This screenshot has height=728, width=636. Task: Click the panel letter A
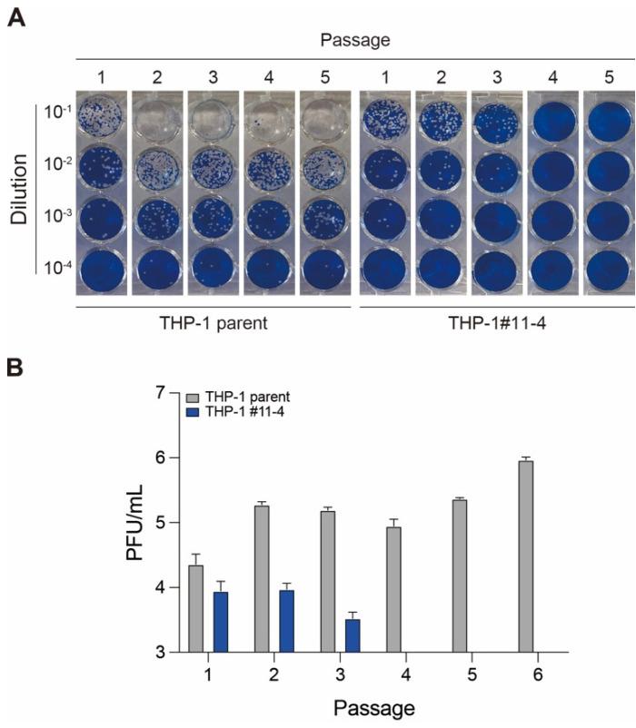(15, 17)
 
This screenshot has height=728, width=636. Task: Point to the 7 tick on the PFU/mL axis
(163, 393)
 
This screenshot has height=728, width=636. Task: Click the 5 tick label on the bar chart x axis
(460, 676)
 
